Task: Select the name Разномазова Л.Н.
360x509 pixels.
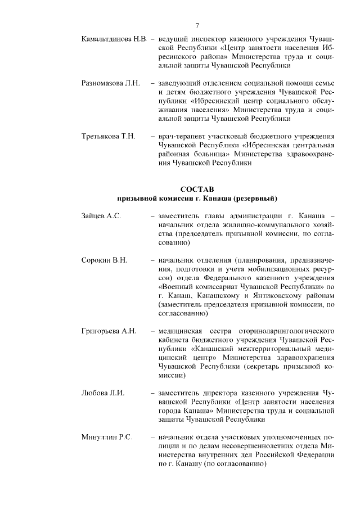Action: (110, 83)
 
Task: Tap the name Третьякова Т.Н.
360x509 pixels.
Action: (108, 137)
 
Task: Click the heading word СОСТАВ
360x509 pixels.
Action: (197, 189)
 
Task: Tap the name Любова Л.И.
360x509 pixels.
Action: (103, 393)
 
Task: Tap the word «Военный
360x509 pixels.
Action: (176, 288)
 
